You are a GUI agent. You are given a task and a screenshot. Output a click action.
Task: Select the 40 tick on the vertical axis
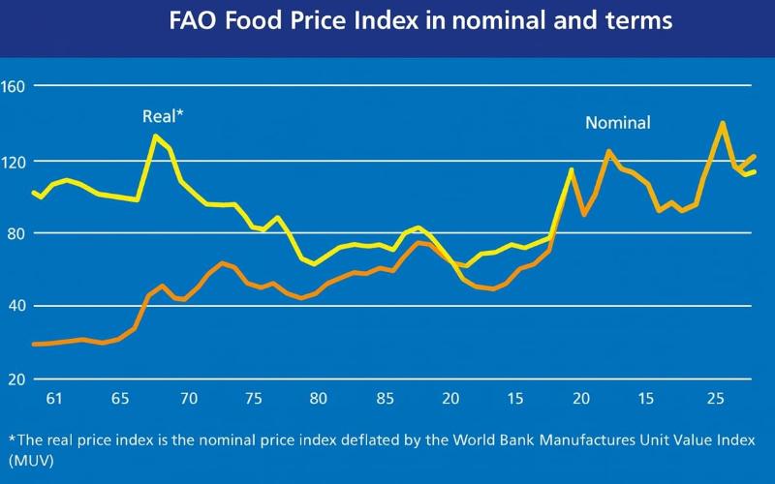[x=15, y=306]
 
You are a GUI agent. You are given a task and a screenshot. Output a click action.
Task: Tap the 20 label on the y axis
[x=15, y=379]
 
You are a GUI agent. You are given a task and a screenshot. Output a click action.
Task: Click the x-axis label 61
[x=53, y=399]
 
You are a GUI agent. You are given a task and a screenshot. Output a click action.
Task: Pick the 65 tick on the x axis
[x=121, y=399]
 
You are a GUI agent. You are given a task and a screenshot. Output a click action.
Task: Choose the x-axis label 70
[x=188, y=399]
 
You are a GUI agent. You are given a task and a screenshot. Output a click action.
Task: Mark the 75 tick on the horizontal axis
[x=254, y=399]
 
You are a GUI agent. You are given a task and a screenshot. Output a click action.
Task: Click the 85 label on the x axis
[x=385, y=399]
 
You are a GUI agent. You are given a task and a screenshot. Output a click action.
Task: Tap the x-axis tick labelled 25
[x=715, y=399]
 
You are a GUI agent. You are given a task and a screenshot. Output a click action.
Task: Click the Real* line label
[x=163, y=116]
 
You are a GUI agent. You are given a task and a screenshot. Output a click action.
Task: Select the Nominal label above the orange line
[x=617, y=123]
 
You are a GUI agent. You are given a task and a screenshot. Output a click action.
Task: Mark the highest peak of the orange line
[x=722, y=123]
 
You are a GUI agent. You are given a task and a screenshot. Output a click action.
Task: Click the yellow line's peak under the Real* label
[x=155, y=136]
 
